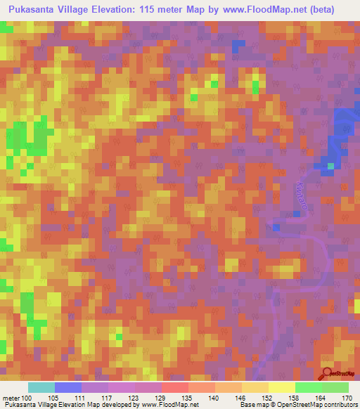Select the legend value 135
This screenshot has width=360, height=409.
[167, 397]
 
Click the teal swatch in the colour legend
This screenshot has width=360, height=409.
[41, 387]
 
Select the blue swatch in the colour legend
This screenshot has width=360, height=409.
[68, 387]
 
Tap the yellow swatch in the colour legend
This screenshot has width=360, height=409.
[281, 387]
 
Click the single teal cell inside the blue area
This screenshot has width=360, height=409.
[326, 166]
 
